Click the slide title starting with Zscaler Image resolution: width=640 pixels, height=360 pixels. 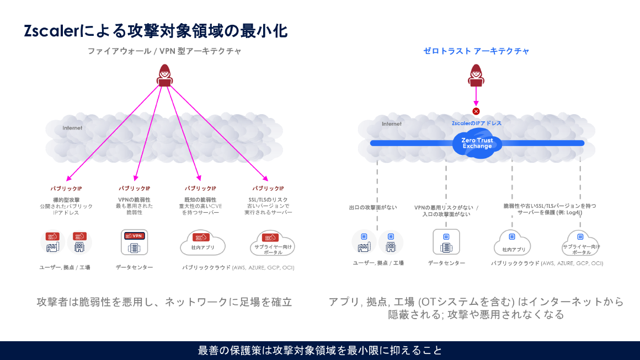(x=156, y=31)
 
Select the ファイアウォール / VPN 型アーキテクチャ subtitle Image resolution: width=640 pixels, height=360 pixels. (x=164, y=51)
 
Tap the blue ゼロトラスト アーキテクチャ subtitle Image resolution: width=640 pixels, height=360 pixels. (x=476, y=51)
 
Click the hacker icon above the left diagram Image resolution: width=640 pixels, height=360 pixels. (x=164, y=76)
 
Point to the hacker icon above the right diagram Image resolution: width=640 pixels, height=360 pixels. (x=476, y=76)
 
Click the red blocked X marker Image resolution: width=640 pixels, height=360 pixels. (x=476, y=111)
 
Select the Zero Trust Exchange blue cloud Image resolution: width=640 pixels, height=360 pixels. (x=477, y=143)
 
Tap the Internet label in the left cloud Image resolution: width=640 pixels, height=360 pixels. (x=72, y=128)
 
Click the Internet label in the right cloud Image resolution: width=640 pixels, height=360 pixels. (x=392, y=124)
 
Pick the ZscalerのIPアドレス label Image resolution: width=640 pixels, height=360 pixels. (x=477, y=123)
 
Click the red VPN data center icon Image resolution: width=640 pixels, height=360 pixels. (x=134, y=242)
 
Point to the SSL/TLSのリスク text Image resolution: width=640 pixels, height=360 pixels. (x=268, y=200)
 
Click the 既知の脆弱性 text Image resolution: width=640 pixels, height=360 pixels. (x=200, y=200)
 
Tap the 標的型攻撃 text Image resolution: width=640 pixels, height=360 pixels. (x=66, y=200)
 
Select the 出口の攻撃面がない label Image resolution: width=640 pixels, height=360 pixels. (x=373, y=208)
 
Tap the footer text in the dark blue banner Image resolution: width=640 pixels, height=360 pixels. (x=320, y=351)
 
